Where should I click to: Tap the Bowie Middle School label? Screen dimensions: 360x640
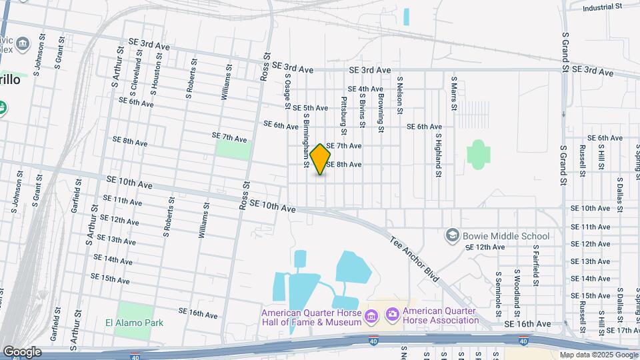coord(507,236)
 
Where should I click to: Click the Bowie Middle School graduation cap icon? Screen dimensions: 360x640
coord(453,236)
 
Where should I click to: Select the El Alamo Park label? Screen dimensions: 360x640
coord(134,323)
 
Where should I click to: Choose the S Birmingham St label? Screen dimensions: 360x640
coord(307,137)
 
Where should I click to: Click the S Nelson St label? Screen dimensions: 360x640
coord(400,95)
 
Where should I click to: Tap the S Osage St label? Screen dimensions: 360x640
coord(289,93)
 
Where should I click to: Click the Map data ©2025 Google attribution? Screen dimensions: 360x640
coord(598,355)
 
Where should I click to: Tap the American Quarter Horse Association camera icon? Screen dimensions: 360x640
coord(392,313)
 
